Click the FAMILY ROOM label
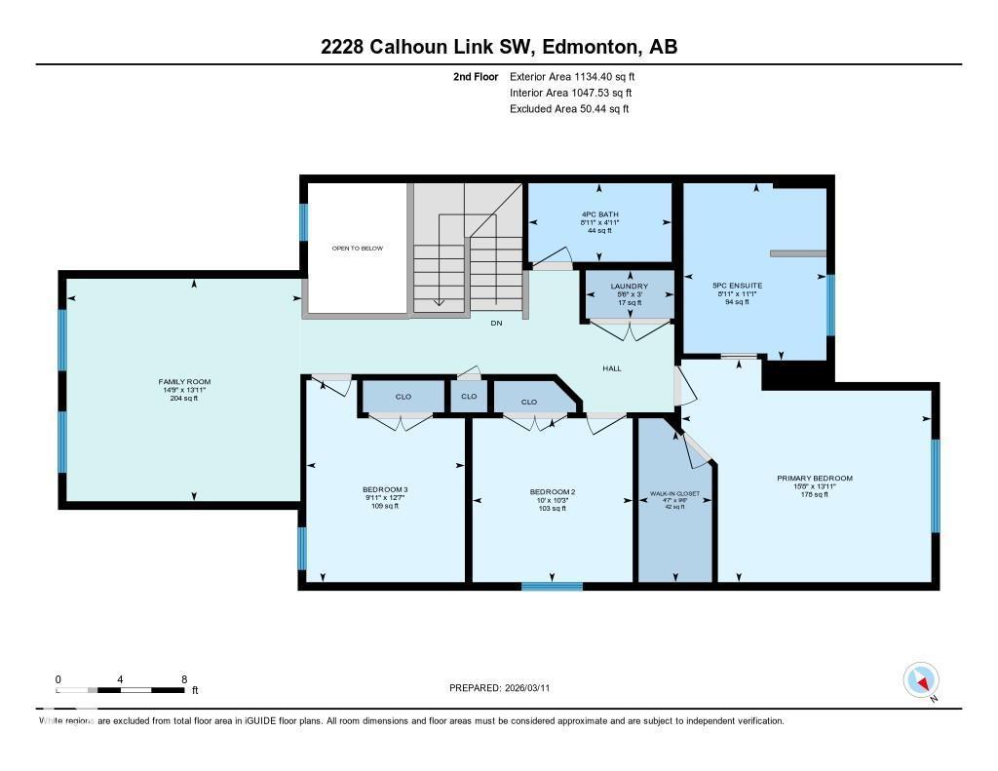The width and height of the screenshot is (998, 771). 184,381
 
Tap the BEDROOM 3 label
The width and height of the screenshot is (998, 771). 385,490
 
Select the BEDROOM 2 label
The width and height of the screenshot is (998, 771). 552,492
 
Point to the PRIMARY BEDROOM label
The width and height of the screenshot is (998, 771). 814,478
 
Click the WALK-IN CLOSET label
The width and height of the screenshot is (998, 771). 675,495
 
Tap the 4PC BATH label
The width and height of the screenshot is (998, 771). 599,214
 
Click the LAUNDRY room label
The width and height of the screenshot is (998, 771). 629,287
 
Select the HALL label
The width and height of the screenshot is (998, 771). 611,368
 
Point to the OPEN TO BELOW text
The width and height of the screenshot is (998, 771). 358,249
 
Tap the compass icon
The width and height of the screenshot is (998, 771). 921,679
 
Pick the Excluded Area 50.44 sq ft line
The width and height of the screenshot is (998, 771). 568,109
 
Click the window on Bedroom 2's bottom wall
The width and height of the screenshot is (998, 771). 552,586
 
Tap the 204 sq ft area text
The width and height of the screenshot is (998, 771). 184,398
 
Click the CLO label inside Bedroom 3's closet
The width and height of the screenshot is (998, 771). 403,397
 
